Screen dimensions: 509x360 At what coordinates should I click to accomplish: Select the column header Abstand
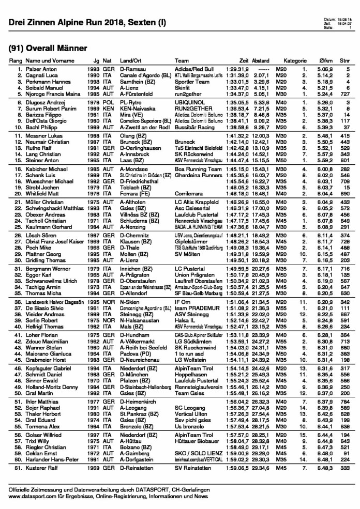coord(261,61)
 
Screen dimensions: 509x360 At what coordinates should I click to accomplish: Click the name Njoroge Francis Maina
coord(43,94)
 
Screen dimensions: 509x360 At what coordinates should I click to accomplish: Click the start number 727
coord(344,94)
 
